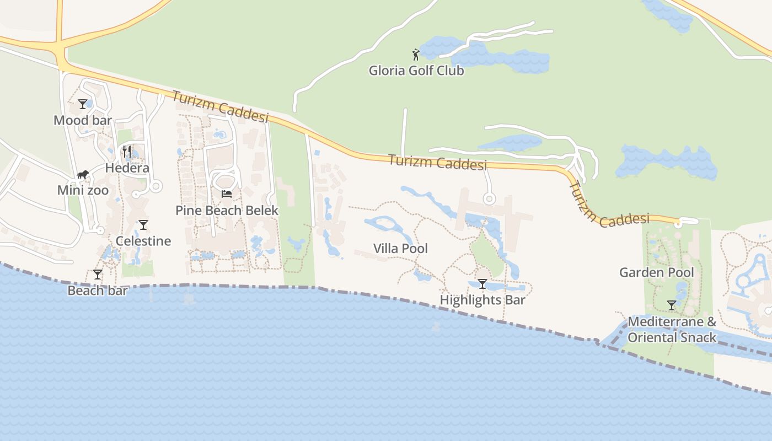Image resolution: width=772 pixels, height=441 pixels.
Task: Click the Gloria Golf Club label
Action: (416, 71)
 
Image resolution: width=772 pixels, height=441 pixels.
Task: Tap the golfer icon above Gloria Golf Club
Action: (416, 54)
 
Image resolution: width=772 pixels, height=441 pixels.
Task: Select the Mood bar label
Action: (83, 120)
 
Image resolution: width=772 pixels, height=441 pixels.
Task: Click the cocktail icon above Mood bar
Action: (83, 104)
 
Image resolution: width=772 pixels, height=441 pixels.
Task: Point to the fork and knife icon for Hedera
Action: (127, 151)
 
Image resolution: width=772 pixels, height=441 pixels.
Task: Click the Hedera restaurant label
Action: (127, 168)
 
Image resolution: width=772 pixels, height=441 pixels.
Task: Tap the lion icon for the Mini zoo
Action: (83, 175)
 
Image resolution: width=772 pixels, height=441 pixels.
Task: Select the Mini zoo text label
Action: (83, 190)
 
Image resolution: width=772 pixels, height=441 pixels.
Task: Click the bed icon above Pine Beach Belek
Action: (227, 193)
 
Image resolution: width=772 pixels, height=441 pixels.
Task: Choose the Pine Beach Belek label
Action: (227, 210)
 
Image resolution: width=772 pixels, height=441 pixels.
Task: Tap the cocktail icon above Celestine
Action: (143, 224)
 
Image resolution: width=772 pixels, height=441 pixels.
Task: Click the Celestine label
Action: (143, 241)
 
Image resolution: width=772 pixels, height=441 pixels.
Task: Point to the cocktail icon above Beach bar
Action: (98, 274)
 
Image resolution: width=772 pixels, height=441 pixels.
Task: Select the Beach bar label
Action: (98, 290)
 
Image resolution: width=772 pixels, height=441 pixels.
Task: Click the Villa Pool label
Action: (400, 249)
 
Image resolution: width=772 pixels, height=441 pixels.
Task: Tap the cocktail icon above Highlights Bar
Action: (482, 284)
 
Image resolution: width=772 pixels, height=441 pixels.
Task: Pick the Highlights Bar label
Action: (482, 300)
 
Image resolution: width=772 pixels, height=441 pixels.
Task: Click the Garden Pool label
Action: (657, 272)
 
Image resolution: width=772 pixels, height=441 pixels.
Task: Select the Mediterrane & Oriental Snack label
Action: (672, 329)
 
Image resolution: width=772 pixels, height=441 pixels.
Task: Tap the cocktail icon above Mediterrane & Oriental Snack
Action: (672, 305)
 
